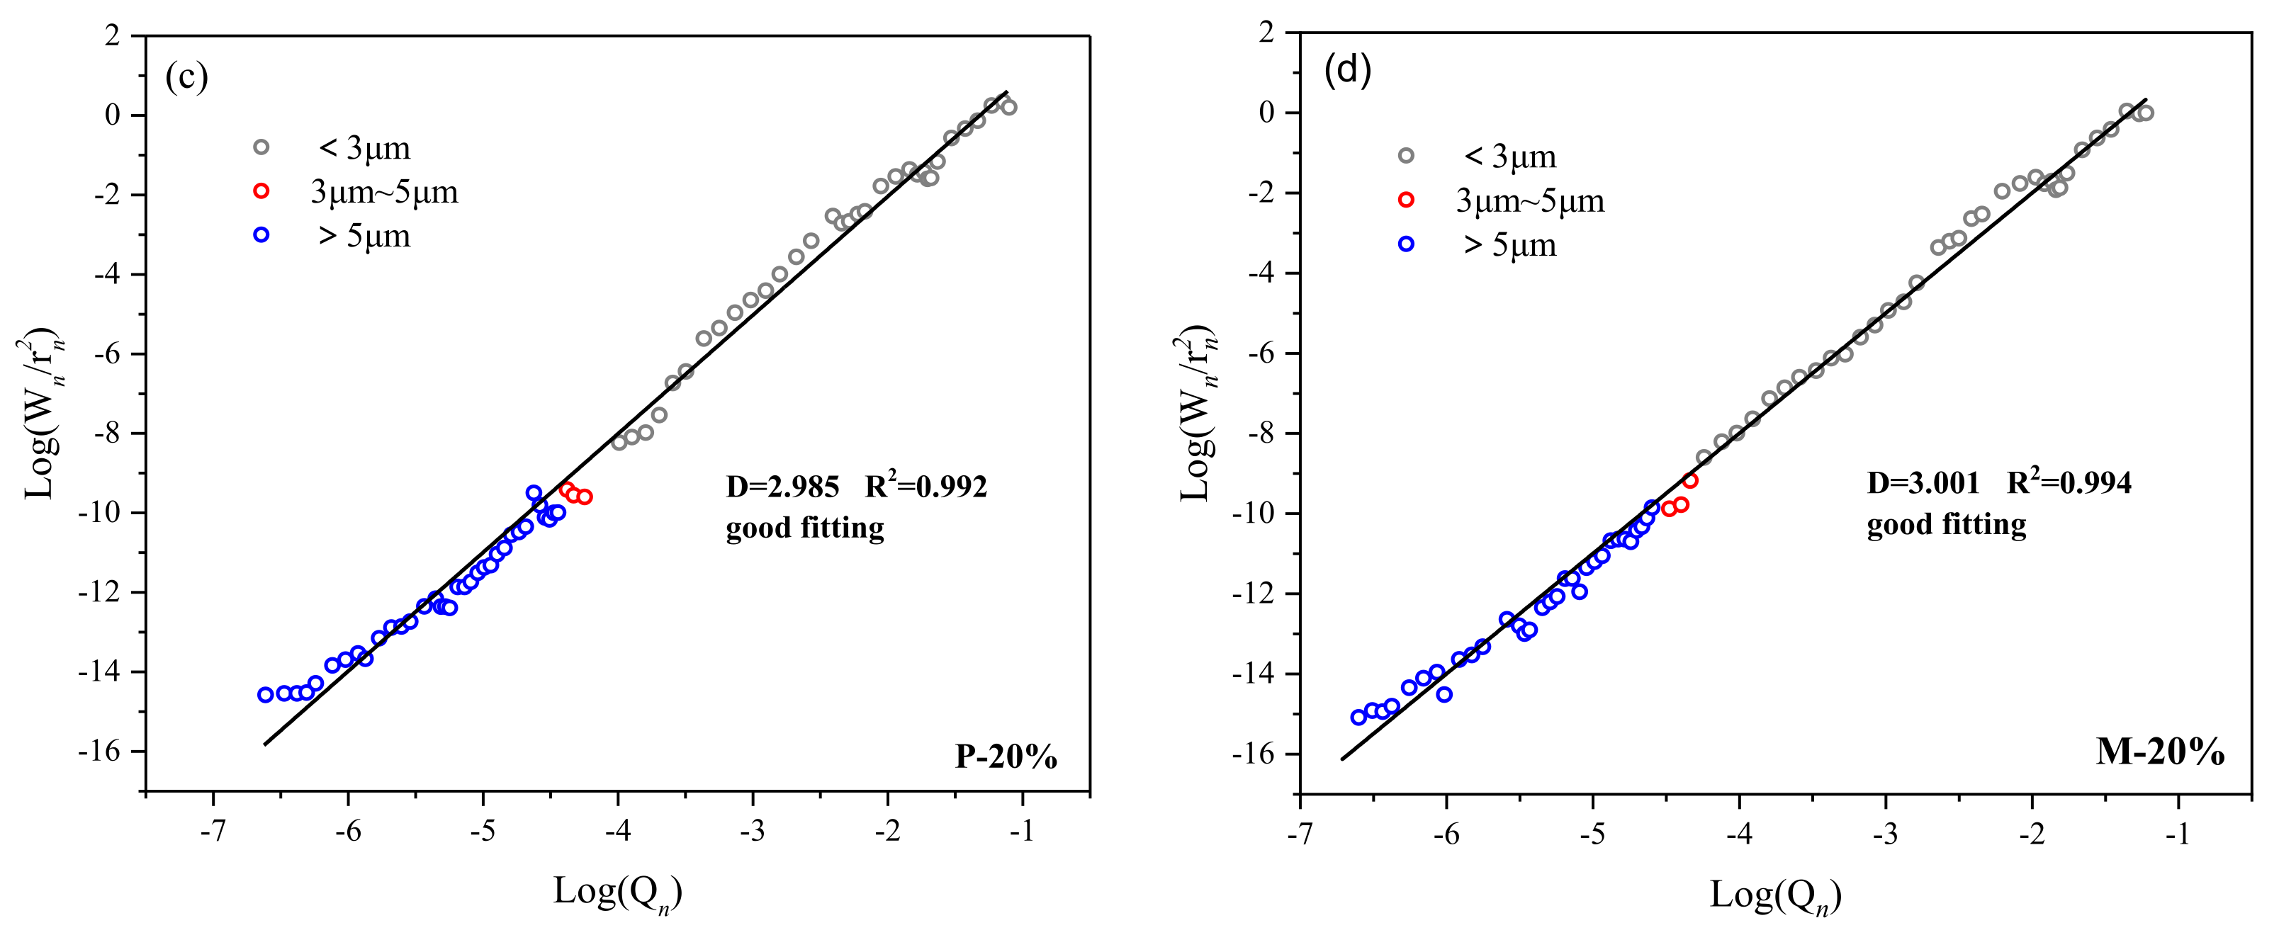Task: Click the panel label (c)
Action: [186, 77]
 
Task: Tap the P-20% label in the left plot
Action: [1006, 756]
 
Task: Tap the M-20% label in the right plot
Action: [2159, 751]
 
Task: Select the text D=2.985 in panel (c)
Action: [782, 487]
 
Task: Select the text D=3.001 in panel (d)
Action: [1923, 483]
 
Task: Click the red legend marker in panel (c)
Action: [261, 191]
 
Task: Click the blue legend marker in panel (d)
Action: [1406, 244]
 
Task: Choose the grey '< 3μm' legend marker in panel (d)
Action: [1406, 156]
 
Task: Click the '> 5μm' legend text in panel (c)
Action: [364, 236]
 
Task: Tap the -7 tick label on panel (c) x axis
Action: [213, 832]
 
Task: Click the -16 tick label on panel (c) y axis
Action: [99, 751]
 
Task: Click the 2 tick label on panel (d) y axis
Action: [1267, 33]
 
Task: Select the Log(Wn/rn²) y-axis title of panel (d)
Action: [1197, 413]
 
